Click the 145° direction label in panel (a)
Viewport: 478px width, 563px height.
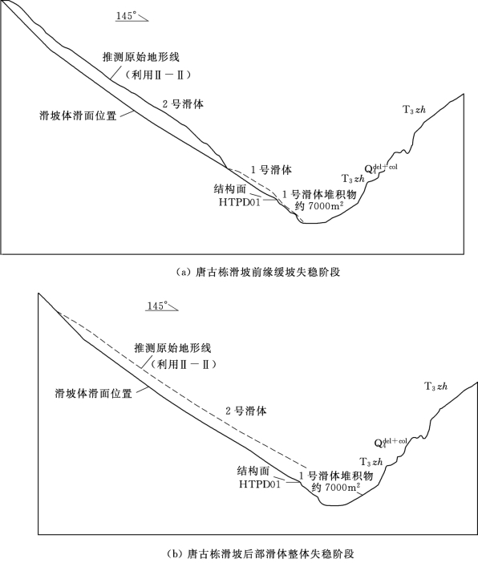click(127, 16)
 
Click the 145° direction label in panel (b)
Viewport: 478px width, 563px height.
click(158, 306)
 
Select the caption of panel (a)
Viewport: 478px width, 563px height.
click(257, 272)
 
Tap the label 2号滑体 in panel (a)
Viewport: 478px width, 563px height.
click(183, 104)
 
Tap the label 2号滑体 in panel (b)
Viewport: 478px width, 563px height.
click(246, 411)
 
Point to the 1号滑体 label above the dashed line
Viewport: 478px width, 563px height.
click(271, 170)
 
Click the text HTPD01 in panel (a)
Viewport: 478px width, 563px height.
click(240, 203)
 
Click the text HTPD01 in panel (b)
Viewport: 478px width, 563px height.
click(260, 484)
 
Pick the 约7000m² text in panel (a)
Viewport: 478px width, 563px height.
click(318, 206)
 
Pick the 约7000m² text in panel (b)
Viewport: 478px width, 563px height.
click(336, 488)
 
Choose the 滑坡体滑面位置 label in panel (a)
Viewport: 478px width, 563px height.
click(78, 115)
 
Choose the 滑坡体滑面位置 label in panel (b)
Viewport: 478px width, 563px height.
click(93, 393)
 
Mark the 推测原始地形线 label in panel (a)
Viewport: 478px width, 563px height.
click(141, 57)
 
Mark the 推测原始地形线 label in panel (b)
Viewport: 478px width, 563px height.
click(172, 347)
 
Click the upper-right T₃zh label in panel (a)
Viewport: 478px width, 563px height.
click(414, 110)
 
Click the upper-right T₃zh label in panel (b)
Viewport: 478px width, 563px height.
click(436, 387)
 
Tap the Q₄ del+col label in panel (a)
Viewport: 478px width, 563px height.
click(381, 168)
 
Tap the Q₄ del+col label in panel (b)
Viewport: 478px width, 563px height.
click(391, 443)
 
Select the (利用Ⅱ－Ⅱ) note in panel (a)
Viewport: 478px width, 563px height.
click(157, 75)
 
